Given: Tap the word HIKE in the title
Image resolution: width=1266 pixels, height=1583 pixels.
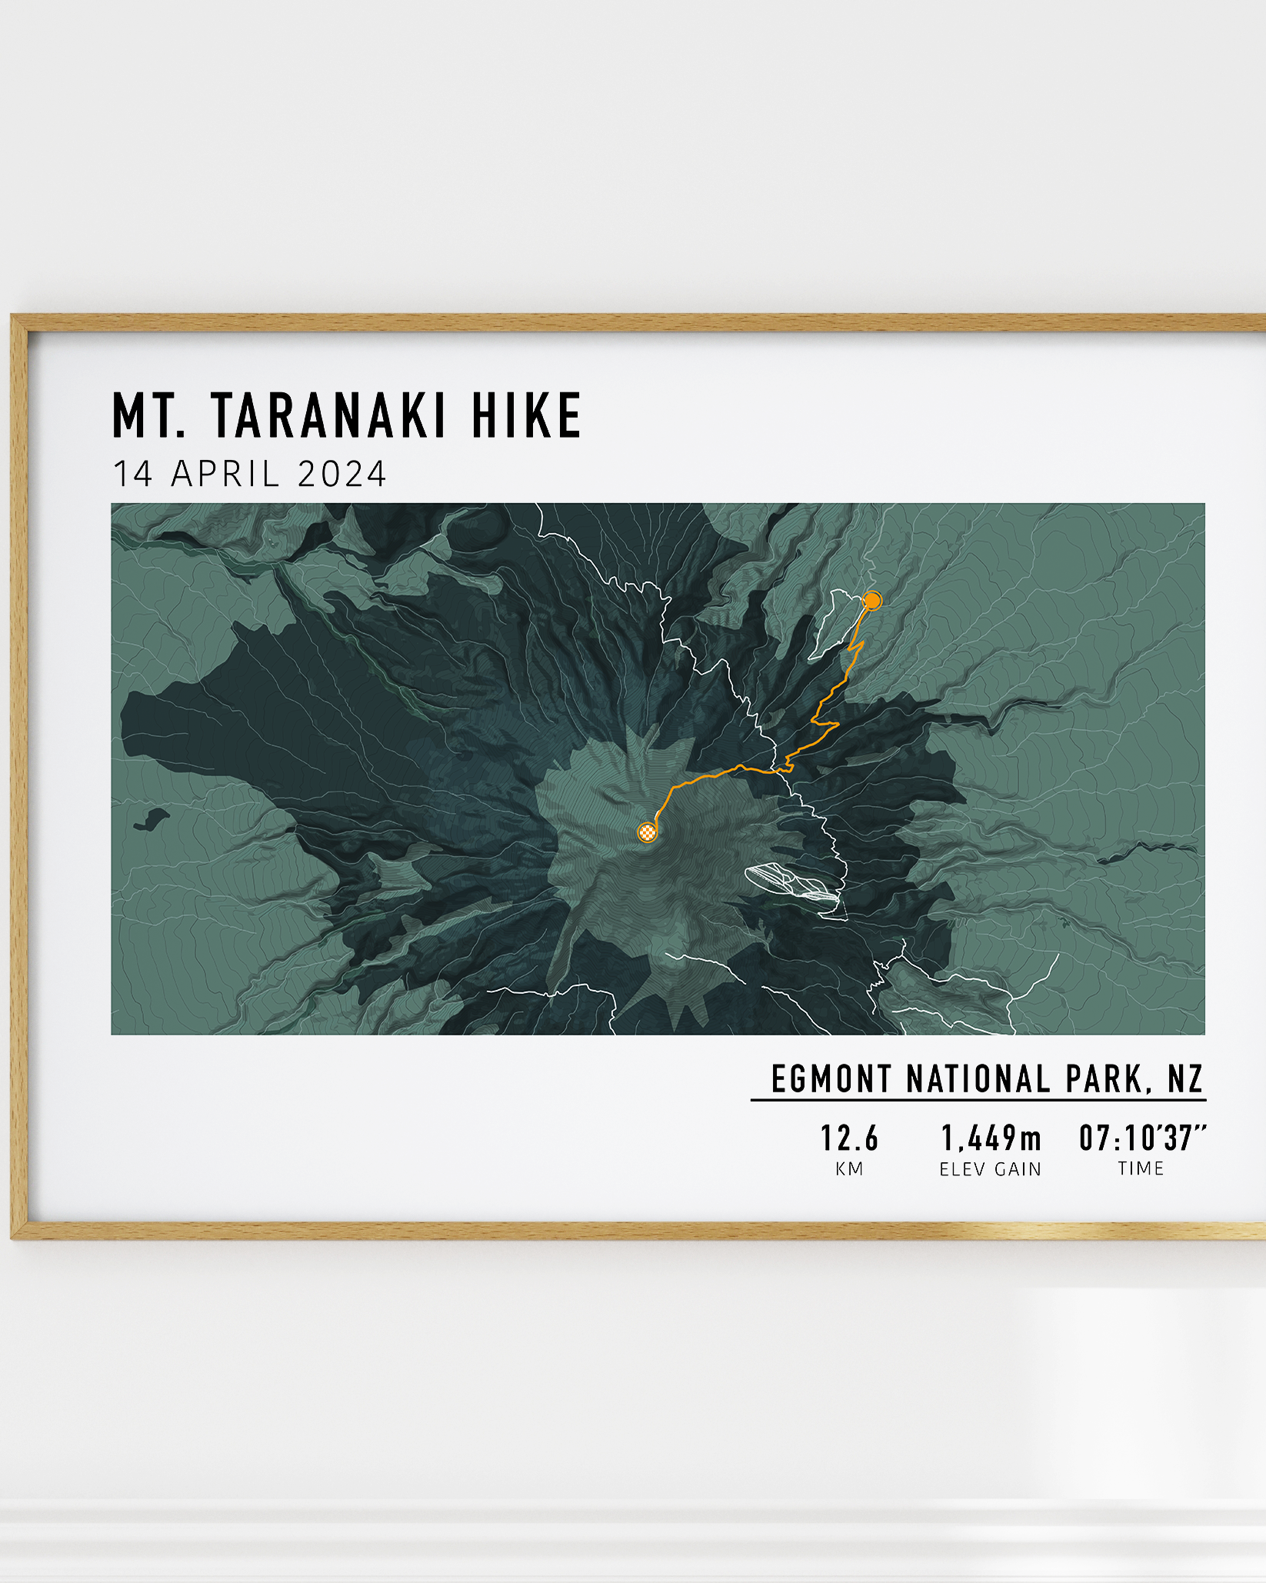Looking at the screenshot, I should click(x=526, y=415).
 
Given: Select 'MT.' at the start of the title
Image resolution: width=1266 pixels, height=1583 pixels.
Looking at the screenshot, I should click(x=149, y=415).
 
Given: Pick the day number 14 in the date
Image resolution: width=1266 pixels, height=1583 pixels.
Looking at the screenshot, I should click(x=133, y=474).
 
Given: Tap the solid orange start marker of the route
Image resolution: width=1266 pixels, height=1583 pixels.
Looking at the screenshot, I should click(x=871, y=600).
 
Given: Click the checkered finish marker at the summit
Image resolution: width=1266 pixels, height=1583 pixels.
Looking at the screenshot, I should click(x=648, y=831).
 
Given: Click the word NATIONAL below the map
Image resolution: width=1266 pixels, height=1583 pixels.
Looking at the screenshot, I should click(x=978, y=1079).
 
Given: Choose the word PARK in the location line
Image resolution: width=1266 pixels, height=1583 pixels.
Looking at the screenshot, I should click(x=1106, y=1079).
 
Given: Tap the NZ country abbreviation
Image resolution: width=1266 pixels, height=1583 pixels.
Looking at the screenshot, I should click(x=1184, y=1079).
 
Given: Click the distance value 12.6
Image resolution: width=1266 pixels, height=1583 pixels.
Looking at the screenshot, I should click(x=849, y=1138).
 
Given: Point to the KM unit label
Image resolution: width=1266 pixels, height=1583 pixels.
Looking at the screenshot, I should click(x=849, y=1169).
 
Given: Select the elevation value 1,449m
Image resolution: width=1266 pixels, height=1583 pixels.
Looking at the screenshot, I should click(x=991, y=1138).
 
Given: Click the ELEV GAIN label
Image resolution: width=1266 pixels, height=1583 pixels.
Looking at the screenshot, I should click(x=991, y=1169).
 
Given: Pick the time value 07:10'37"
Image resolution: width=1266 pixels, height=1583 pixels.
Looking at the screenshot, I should click(x=1142, y=1138).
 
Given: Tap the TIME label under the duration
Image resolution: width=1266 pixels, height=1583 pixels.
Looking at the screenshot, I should click(x=1141, y=1168).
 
